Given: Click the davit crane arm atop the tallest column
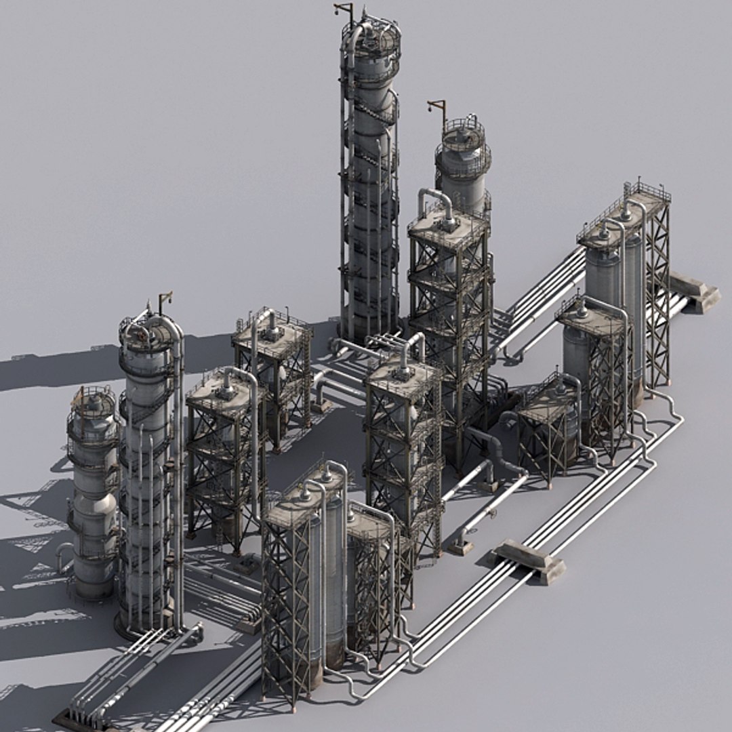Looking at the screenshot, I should click(x=344, y=9).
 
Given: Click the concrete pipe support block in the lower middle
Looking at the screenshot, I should click(x=528, y=560).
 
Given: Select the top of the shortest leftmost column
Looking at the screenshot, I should click(x=93, y=401).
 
